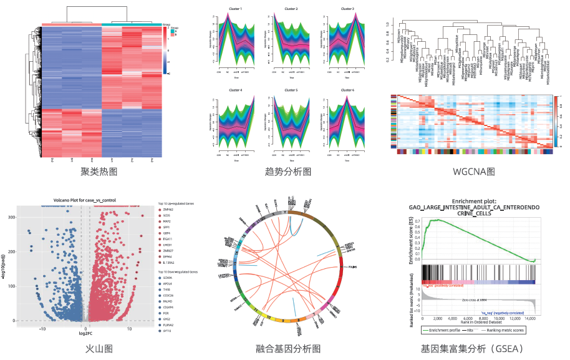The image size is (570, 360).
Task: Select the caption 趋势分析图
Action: [x=287, y=172]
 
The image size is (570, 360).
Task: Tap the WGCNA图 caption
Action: [x=473, y=171]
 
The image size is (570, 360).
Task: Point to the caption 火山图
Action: [x=99, y=349]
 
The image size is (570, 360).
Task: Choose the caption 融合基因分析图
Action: [x=287, y=349]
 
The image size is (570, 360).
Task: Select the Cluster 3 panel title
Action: [x=348, y=9]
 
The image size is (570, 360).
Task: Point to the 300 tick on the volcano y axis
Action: [x=11, y=217]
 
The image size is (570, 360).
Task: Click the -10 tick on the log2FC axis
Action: [x=43, y=328]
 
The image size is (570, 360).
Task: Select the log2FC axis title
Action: [x=86, y=334]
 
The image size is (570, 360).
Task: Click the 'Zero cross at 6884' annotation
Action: [x=475, y=300]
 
